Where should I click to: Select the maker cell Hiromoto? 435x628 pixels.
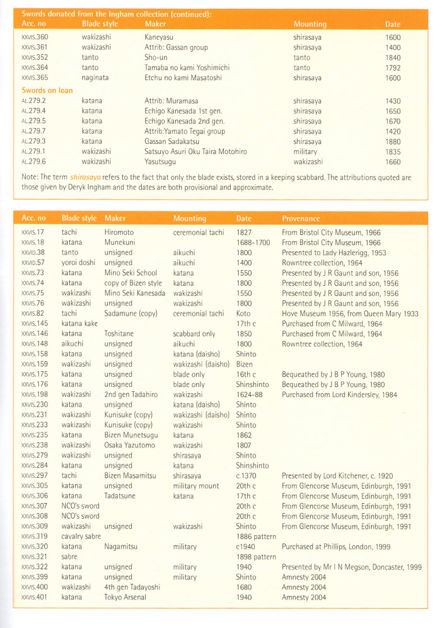[119, 232]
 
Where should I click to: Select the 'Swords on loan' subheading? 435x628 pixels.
[47, 90]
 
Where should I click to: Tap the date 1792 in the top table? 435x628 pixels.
[393, 68]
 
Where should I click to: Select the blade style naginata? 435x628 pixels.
[96, 78]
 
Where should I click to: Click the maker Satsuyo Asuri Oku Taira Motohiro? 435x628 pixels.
[195, 151]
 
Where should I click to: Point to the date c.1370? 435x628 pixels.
[247, 475]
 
